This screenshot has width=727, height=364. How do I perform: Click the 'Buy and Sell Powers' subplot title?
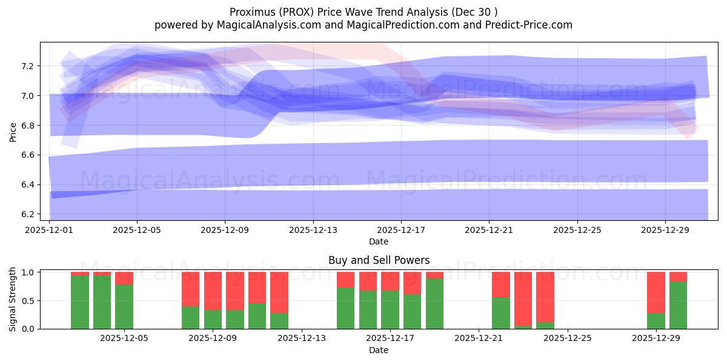379,260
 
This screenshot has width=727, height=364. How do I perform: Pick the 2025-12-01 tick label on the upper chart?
49,231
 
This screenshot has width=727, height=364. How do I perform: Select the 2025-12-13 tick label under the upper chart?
313,231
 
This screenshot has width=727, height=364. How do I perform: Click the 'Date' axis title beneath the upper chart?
379,241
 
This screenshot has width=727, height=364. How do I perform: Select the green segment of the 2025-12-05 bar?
124,306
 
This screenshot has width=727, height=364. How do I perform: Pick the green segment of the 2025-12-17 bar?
390,309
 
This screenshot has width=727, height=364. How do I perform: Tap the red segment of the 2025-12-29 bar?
656,292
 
